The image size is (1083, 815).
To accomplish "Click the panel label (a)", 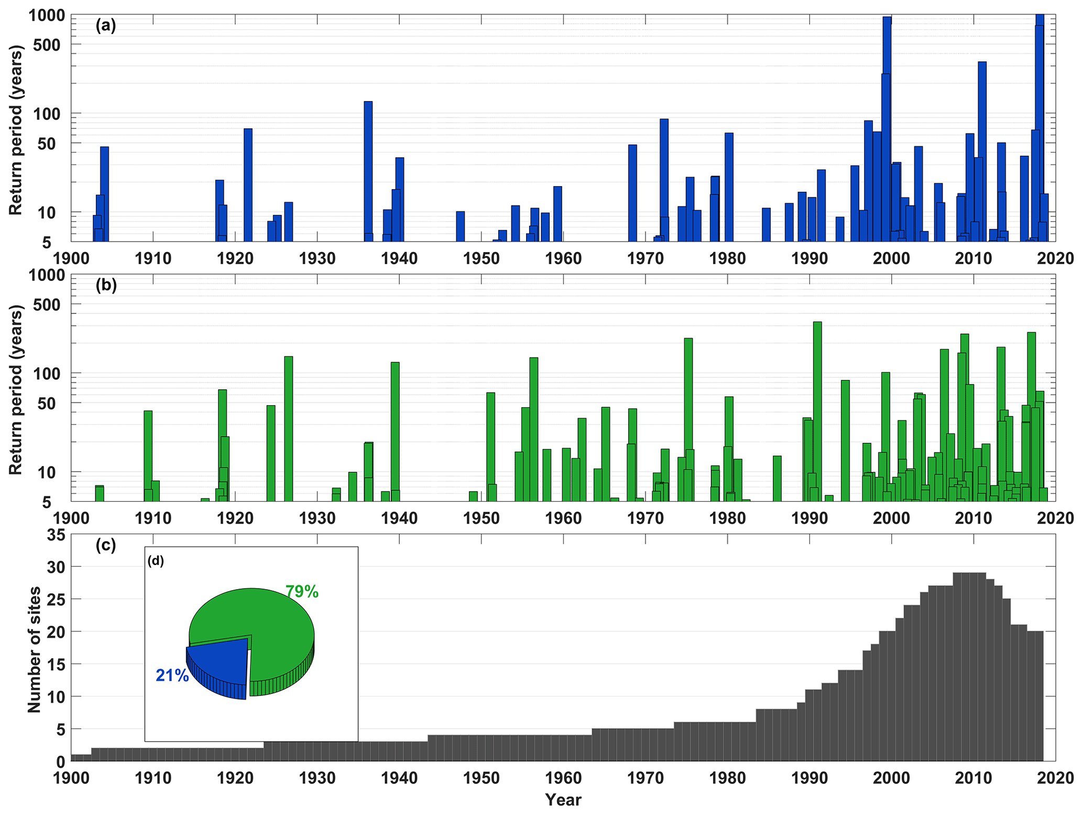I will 105,26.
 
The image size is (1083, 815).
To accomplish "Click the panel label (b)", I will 105,285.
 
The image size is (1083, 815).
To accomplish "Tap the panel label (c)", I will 105,545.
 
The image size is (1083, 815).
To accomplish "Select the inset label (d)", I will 156,561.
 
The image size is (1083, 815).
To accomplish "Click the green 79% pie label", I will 302,592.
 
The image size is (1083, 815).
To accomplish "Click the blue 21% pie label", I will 172,676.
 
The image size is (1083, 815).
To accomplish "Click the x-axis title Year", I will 563,800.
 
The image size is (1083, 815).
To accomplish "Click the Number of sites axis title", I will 34,649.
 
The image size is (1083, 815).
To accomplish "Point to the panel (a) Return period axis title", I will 16,130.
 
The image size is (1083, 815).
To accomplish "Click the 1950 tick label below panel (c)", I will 481,778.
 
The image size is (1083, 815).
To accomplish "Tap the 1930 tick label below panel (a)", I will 317,258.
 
